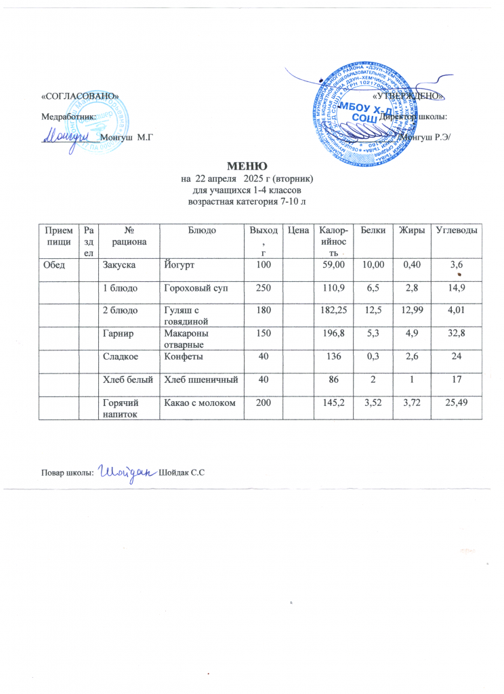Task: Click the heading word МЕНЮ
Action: click(247, 165)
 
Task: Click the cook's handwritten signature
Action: click(127, 470)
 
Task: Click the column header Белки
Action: click(373, 231)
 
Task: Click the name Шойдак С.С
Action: click(182, 472)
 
